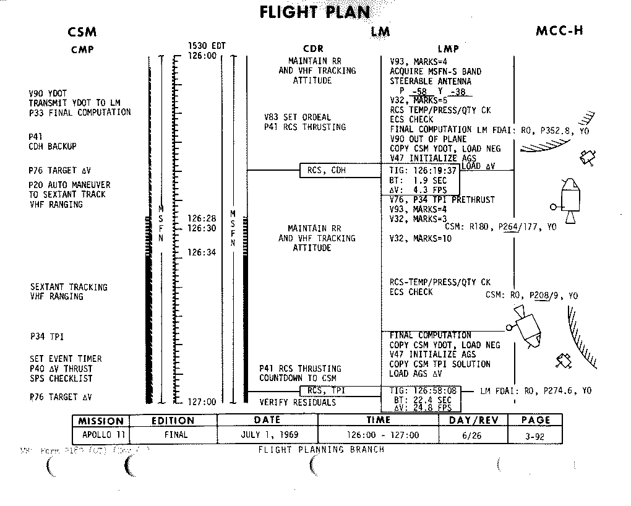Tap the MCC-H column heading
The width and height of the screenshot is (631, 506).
[559, 32]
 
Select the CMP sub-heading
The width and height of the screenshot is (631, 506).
[82, 49]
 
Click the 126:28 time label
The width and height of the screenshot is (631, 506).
[202, 218]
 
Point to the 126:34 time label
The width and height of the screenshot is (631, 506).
[202, 252]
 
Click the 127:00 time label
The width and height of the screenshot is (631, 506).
[202, 402]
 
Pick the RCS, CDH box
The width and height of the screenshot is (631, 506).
[322, 170]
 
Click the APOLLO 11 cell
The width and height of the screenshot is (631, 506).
[101, 435]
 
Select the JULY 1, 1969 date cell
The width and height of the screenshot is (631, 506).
[267, 435]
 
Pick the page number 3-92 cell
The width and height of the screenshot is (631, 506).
[535, 435]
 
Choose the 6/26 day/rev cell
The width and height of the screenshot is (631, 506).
[473, 435]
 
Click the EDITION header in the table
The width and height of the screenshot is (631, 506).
[173, 421]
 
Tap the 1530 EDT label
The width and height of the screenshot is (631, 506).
[207, 46]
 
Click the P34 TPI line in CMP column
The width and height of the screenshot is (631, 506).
[46, 337]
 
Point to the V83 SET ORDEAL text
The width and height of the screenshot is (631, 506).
[298, 118]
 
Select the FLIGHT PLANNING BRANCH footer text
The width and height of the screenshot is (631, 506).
[321, 450]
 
